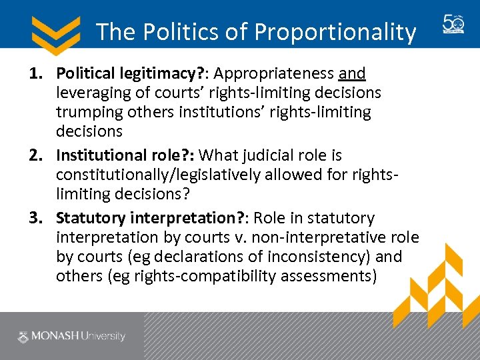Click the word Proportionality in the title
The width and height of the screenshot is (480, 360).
pos(335,31)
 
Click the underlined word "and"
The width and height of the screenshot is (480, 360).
pos(352,73)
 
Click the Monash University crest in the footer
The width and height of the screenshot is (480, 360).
pos(25,336)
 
